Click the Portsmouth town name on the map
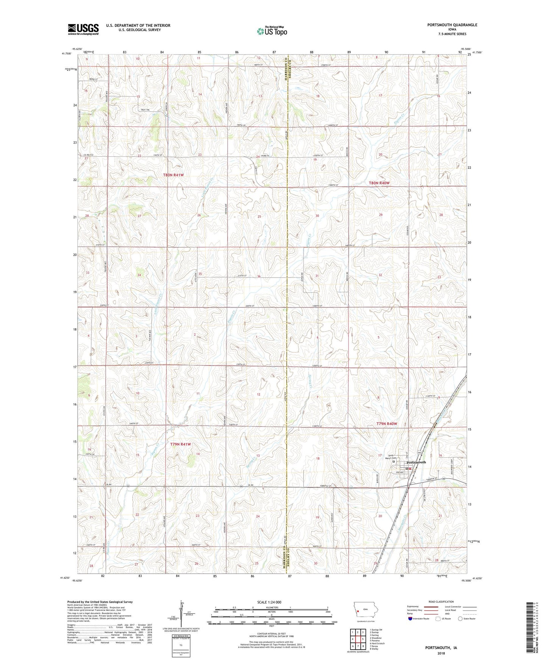pos(416,462)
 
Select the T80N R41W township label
pos(173,175)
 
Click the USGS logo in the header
pos(83,29)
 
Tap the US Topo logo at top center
pos(271,31)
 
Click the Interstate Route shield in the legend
pos(411,619)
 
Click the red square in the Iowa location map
pos(358,610)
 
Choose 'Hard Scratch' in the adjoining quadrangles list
pos(379,643)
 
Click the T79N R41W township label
pos(181,444)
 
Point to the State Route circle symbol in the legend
pos(460,619)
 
